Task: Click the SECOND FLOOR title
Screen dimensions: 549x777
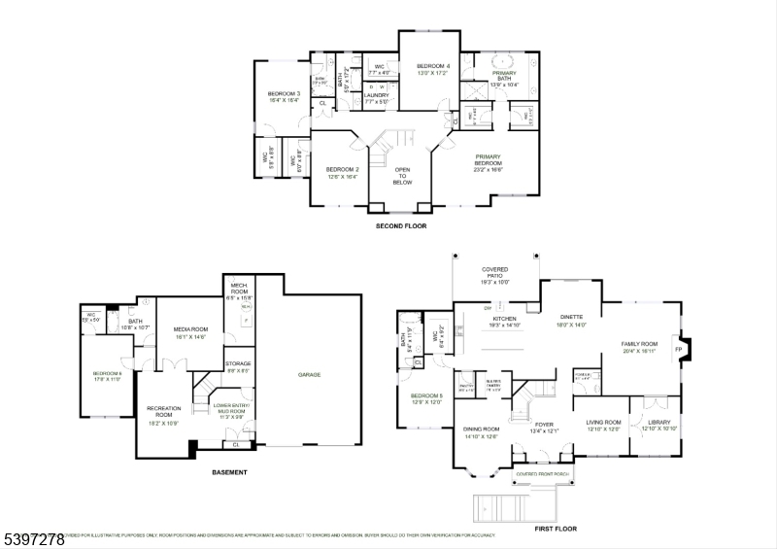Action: [x=402, y=226]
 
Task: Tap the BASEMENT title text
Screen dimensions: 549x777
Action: [x=229, y=472]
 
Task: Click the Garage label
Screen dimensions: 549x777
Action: [x=310, y=374]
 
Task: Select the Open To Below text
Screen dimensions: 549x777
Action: [x=402, y=176]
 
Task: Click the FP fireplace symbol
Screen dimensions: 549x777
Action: [x=679, y=349]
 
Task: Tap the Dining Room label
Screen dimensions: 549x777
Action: [x=481, y=431]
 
